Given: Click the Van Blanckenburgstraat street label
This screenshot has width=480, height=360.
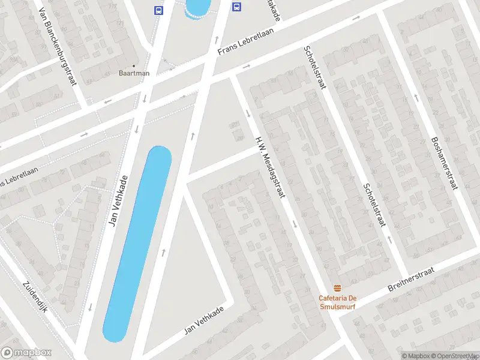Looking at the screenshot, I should pos(58,47).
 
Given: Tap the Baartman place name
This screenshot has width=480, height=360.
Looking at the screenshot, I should pos(134,73).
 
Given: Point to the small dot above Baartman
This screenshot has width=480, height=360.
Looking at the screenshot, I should pos(134,65).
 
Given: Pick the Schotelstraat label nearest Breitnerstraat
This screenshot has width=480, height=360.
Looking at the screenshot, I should pos(374,205).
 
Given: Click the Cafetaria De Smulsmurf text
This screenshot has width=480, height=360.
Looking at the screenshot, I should pos(338,301).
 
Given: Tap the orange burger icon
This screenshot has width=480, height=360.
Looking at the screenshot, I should pos(338,288).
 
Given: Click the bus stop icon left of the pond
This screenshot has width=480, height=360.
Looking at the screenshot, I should pos(159,10).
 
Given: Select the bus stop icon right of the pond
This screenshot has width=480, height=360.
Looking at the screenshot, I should pos(237,7).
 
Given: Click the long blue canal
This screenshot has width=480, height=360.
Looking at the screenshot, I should pos(138,243).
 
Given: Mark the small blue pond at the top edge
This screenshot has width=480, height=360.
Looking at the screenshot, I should pos(197,7).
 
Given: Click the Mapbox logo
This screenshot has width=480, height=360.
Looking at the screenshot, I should pos(26,353).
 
